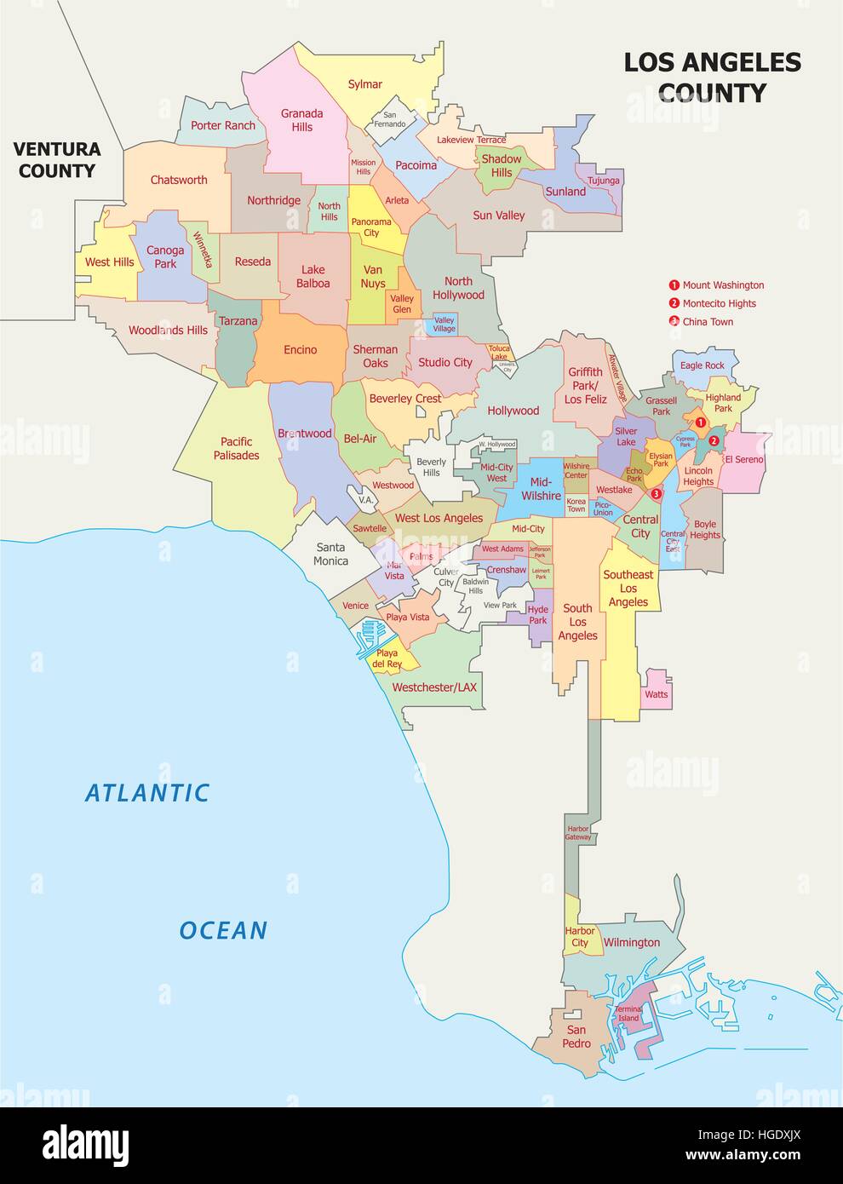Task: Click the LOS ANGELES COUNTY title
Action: pos(712,77)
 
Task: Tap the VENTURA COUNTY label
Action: pos(57,160)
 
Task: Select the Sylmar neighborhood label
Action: pos(364,84)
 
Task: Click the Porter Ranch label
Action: pos(223,125)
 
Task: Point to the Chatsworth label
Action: pos(179,180)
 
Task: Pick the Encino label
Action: pos(300,349)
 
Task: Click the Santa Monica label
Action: pos(330,554)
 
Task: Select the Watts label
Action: pos(656,694)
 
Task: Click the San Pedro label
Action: pos(576,1037)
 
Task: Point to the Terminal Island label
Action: pos(628,1014)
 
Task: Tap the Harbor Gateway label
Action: pos(577,832)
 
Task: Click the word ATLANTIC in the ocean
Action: pos(147,793)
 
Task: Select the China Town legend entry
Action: pos(708,322)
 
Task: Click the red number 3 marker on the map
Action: pos(655,493)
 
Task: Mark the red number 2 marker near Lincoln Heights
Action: pos(714,441)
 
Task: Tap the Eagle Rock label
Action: pos(702,365)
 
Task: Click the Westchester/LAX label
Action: pos(434,687)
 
